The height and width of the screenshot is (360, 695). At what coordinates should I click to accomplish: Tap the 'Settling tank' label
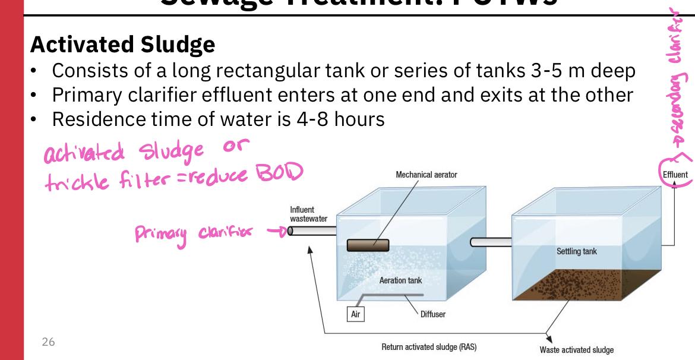click(576, 251)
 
